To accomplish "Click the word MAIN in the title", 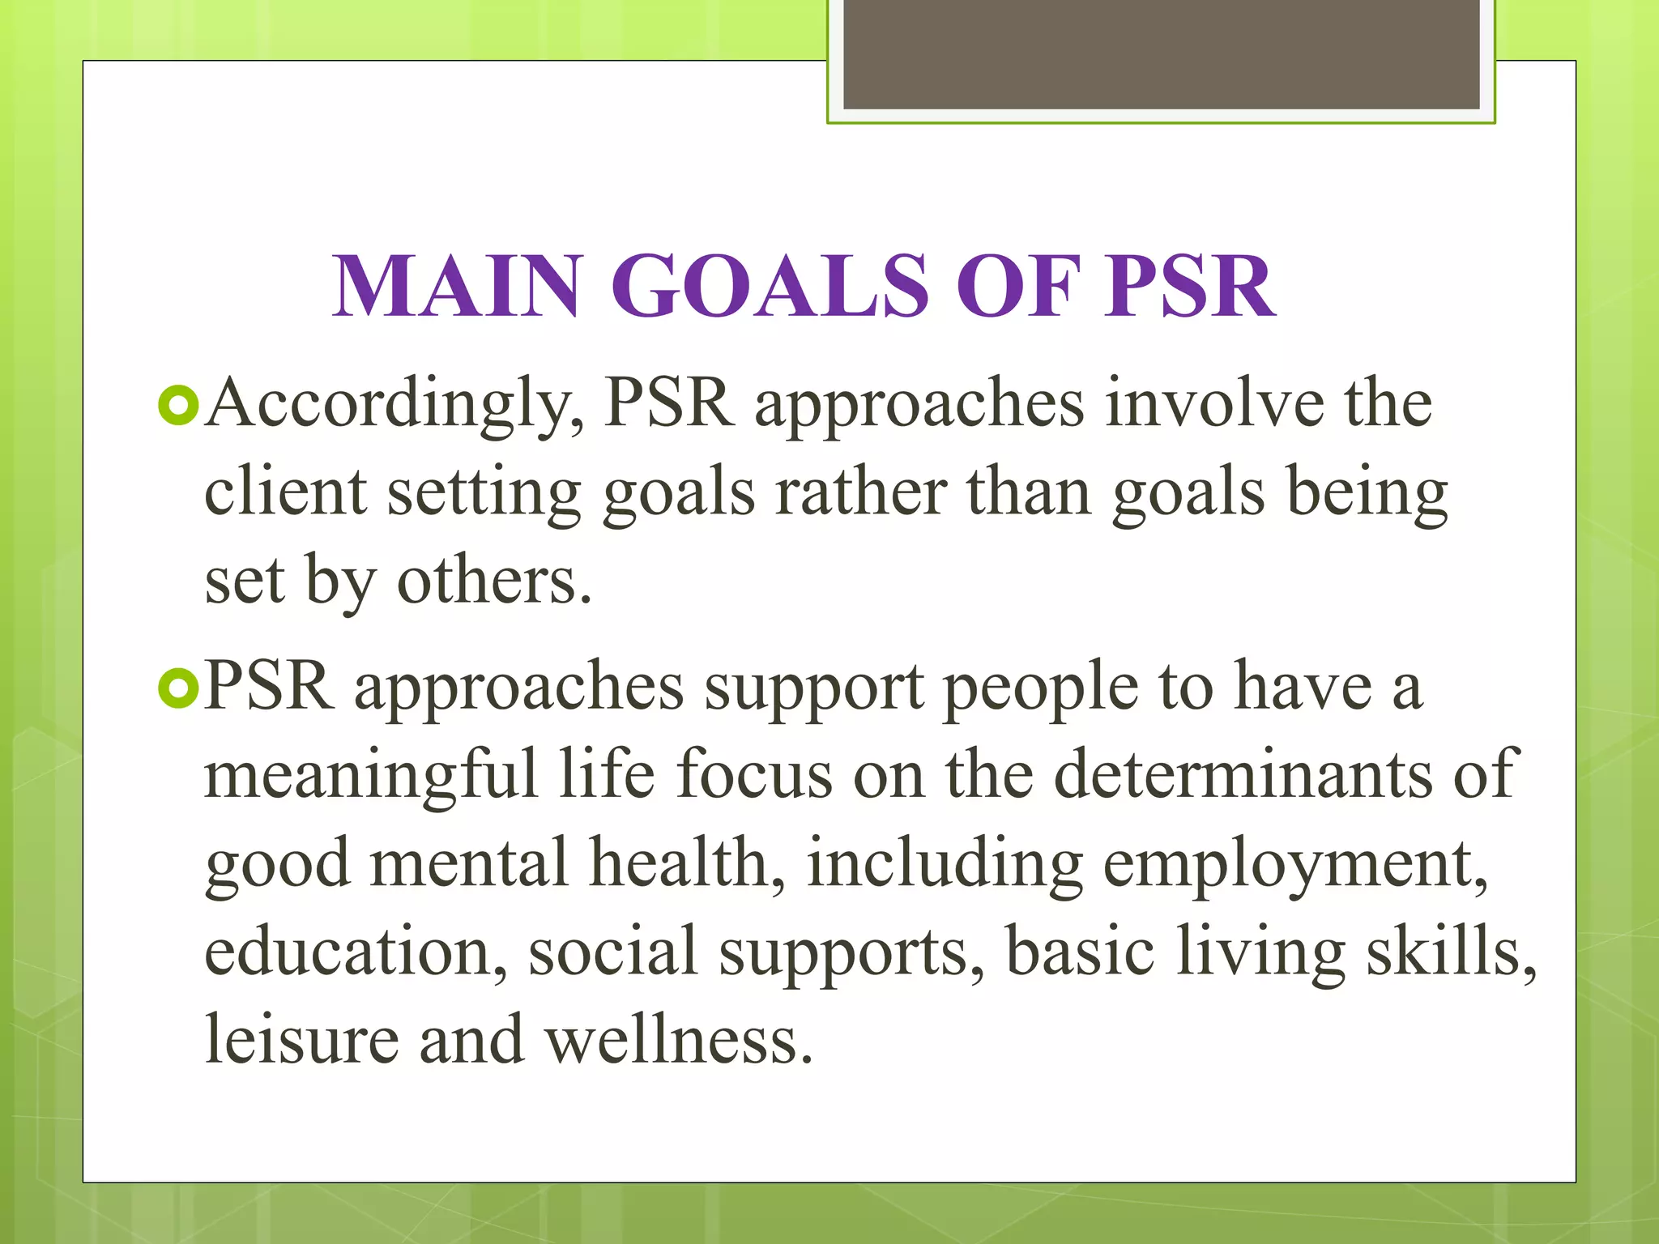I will pyautogui.click(x=458, y=287).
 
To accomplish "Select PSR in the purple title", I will pyautogui.click(x=1191, y=287).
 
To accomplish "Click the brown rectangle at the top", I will pyautogui.click(x=1161, y=54).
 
